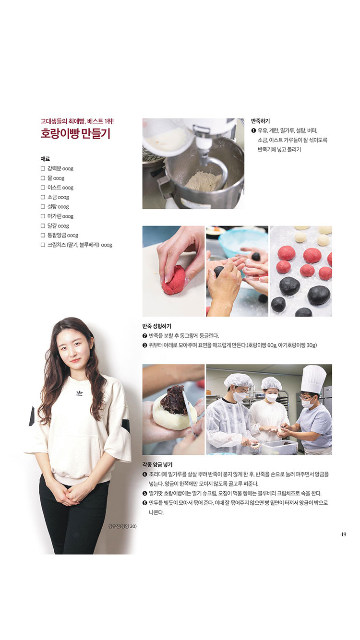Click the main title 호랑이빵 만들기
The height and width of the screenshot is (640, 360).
(x=75, y=133)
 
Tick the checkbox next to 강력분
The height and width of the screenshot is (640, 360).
(x=43, y=168)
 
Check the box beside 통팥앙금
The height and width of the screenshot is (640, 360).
(x=43, y=235)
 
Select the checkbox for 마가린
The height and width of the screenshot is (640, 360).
(x=43, y=216)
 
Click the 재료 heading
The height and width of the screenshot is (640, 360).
(x=45, y=159)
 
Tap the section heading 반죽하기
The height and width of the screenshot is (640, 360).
(x=260, y=121)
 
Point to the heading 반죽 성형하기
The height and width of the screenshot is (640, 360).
(x=156, y=326)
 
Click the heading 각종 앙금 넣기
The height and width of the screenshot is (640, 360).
(x=157, y=465)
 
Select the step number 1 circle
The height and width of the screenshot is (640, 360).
(x=253, y=131)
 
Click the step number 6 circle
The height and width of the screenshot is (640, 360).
(x=144, y=503)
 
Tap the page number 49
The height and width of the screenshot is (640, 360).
(x=344, y=534)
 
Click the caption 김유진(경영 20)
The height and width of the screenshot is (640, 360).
(x=122, y=526)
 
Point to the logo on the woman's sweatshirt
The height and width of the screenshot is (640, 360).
(x=79, y=393)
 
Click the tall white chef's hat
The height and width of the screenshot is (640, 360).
(x=313, y=379)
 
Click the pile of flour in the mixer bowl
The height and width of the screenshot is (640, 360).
(x=204, y=180)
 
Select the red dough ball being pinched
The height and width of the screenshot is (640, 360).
(x=174, y=280)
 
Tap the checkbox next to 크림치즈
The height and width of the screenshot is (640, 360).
(x=43, y=245)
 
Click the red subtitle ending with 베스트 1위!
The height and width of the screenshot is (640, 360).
(x=77, y=121)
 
